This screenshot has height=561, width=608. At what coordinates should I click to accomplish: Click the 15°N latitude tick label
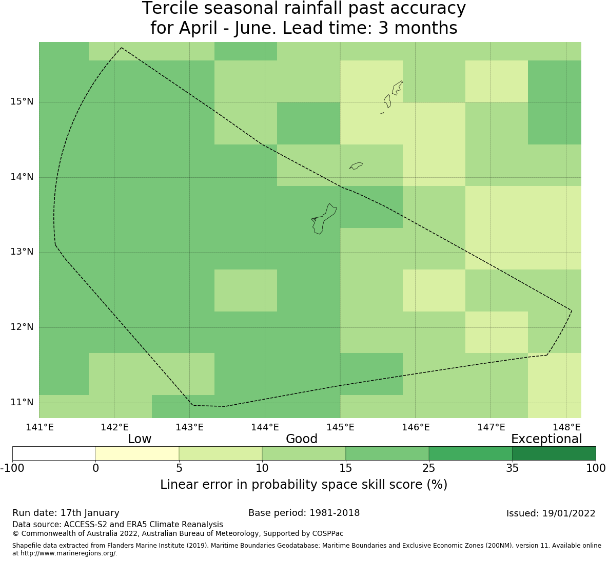click(22, 101)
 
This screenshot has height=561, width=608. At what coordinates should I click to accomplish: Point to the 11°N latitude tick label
click(22, 402)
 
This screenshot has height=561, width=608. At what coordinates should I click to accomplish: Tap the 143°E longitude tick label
click(190, 427)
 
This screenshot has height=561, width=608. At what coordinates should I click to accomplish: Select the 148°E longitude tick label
click(566, 427)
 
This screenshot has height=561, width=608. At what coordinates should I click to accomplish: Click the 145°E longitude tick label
click(340, 427)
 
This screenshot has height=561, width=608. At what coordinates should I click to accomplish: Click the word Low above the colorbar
click(140, 439)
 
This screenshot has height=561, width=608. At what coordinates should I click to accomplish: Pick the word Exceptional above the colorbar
click(546, 439)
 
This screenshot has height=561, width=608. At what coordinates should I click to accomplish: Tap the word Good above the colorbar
click(302, 439)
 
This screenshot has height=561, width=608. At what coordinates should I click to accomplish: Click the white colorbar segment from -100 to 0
click(54, 453)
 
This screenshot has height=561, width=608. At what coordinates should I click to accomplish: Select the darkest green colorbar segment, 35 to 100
click(554, 453)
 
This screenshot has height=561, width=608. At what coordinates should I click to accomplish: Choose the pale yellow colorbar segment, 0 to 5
click(137, 453)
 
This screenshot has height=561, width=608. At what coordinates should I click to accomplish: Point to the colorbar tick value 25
click(429, 468)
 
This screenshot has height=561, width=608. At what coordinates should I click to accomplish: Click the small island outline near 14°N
click(356, 165)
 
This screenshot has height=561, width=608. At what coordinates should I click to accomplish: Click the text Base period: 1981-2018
click(304, 513)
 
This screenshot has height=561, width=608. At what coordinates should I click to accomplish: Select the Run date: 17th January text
click(66, 513)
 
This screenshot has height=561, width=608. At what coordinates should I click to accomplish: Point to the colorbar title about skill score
click(304, 485)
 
